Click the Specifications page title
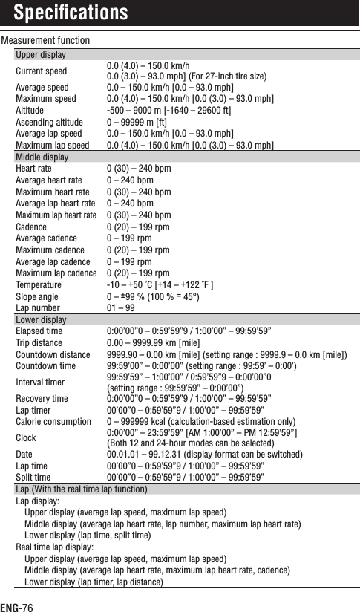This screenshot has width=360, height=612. coord(71,13)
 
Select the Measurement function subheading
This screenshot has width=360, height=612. coord(45,40)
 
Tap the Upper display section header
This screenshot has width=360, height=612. coord(41,56)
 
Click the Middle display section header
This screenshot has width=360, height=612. coord(42,158)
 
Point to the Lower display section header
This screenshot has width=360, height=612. coord(41,320)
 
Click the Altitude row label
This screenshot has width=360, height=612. coord(30,110)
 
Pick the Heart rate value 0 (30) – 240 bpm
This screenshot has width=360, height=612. coord(139,169)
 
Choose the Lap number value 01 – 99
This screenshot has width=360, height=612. coord(121,308)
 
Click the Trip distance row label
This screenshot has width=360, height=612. coord(39,342)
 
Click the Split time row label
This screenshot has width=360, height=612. coord(33,478)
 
